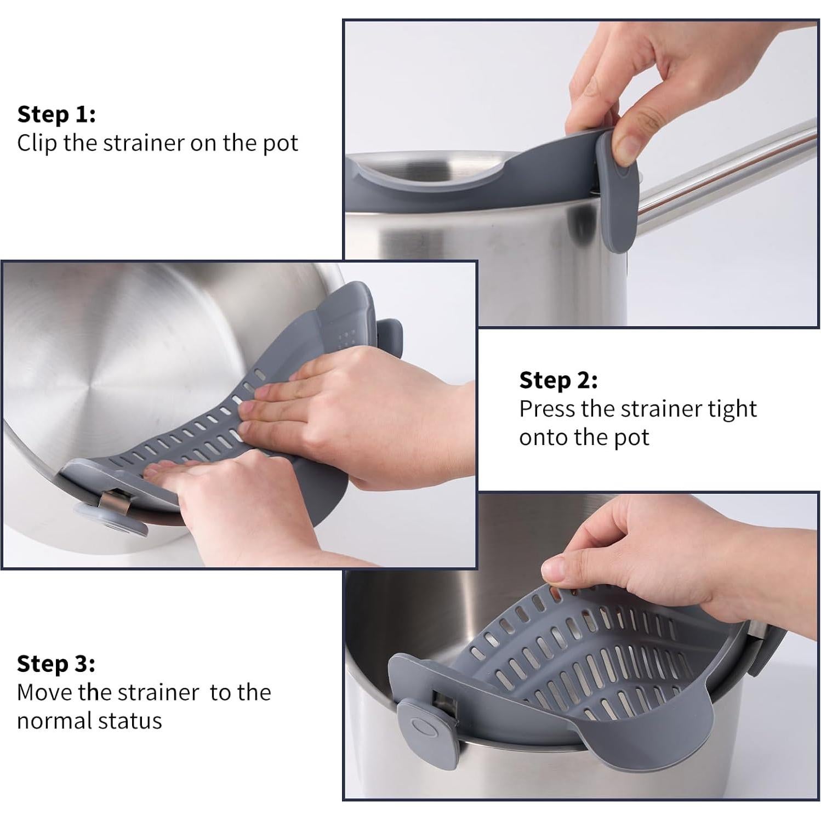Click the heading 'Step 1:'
56,115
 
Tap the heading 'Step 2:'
558,380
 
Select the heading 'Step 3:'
56,663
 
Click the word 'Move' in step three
43,692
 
